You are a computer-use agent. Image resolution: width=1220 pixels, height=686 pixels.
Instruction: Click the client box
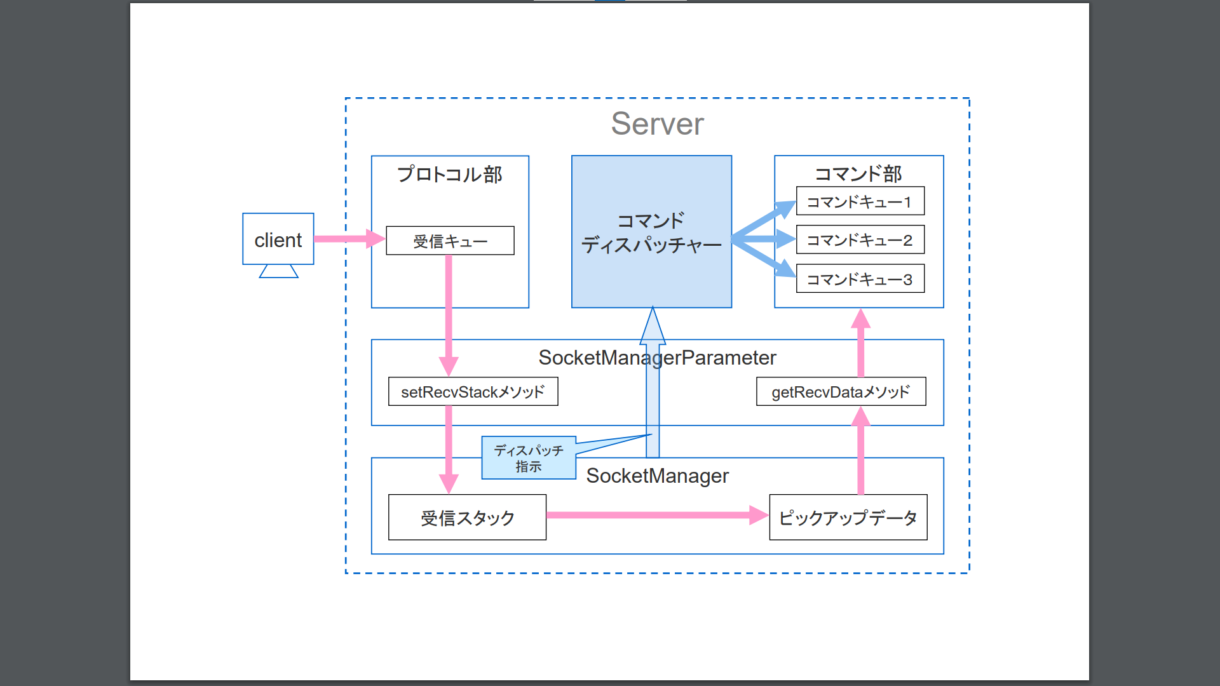click(278, 239)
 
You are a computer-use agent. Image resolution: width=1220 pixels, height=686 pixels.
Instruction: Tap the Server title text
click(657, 124)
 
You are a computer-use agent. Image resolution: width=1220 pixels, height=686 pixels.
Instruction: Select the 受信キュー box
click(450, 241)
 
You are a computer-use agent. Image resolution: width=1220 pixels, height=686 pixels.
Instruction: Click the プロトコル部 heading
click(449, 174)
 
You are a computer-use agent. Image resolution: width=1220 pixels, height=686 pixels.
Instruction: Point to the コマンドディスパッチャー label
click(651, 233)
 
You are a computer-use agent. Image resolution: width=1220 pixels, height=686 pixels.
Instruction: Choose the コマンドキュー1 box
click(860, 201)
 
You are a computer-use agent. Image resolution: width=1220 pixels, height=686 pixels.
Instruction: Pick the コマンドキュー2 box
click(860, 240)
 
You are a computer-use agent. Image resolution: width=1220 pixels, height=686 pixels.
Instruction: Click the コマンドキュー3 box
click(860, 279)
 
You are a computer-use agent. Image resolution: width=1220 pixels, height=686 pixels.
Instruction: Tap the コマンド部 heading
click(858, 173)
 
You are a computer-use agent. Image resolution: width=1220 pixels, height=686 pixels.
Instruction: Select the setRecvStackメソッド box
click(473, 392)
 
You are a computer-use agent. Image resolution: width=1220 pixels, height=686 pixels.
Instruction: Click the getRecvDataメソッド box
click(841, 392)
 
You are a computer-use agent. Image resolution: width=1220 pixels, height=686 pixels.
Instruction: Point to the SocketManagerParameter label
click(657, 358)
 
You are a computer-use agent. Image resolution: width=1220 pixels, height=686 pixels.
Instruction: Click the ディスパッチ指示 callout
click(529, 458)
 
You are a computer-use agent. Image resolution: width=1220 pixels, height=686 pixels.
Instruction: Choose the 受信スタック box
click(467, 518)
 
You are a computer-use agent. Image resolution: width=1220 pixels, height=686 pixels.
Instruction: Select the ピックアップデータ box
click(848, 518)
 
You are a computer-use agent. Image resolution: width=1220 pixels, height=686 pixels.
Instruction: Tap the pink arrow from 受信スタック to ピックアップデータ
click(654, 515)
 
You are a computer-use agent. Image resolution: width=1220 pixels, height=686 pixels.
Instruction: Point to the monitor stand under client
click(278, 272)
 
